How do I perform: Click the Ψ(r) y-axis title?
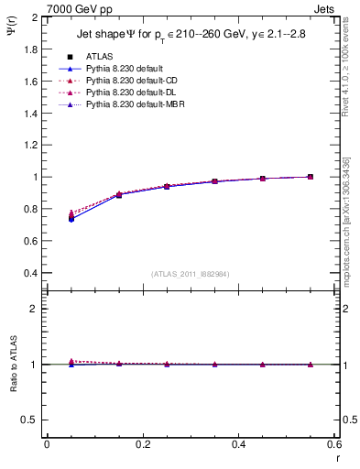[x=10, y=35]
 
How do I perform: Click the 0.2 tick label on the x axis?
[x=142, y=444]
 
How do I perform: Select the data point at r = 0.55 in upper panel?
[x=311, y=177]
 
